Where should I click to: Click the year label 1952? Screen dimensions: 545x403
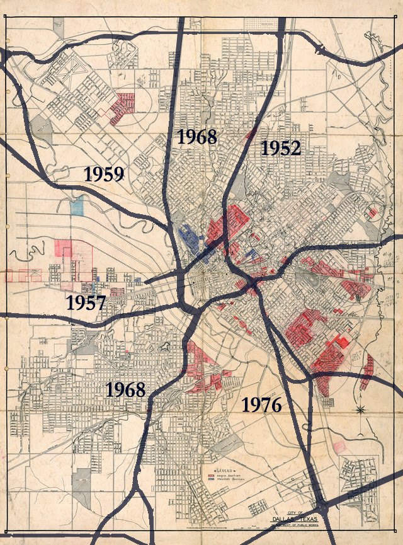281,148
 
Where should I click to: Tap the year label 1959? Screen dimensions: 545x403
104,175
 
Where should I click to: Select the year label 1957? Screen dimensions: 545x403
86,303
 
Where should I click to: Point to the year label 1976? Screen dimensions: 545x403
261,404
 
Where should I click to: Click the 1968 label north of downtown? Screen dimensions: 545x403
197,137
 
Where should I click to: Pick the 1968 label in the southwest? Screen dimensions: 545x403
126,389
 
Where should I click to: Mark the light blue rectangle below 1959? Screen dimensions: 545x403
77,205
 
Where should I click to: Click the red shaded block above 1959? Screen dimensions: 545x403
122,108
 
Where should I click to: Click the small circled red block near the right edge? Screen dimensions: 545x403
373,212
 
